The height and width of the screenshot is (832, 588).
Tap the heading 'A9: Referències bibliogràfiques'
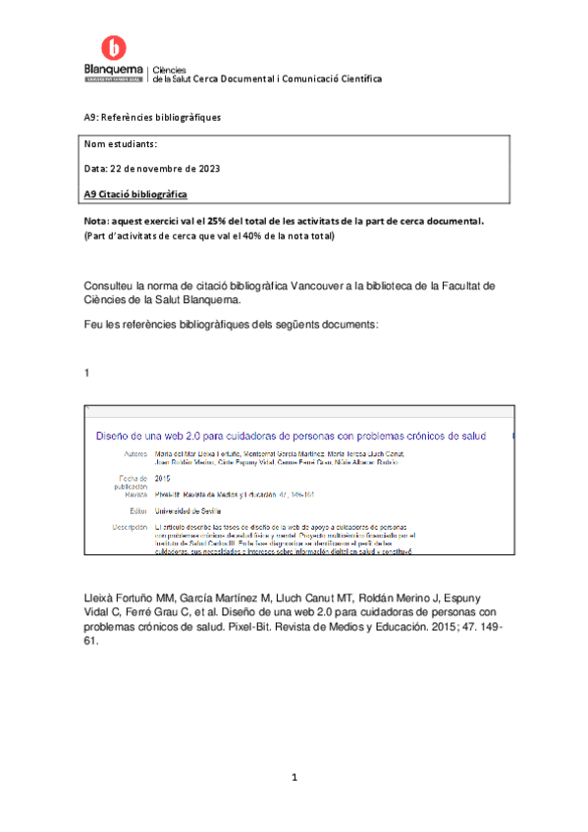(152, 118)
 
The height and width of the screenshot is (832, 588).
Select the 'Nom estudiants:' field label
(121, 145)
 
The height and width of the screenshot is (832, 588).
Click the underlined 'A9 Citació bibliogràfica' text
(135, 193)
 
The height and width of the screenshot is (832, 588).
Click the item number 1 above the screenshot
(87, 372)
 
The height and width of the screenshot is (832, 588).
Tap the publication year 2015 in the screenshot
(163, 478)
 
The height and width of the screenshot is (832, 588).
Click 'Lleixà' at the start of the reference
(103, 598)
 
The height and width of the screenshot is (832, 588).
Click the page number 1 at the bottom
(294, 778)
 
